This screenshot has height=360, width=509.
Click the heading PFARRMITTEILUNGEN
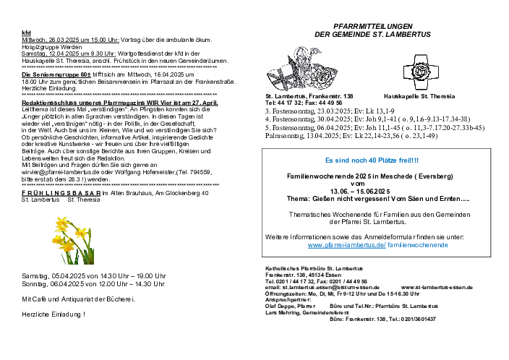373,26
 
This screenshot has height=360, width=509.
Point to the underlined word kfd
26,33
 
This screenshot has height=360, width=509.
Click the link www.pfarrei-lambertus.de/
346,245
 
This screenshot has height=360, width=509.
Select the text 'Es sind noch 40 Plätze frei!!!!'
372,160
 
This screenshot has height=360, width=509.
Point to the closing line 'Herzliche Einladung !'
54,314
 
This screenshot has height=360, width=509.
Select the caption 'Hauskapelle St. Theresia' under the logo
419,96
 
